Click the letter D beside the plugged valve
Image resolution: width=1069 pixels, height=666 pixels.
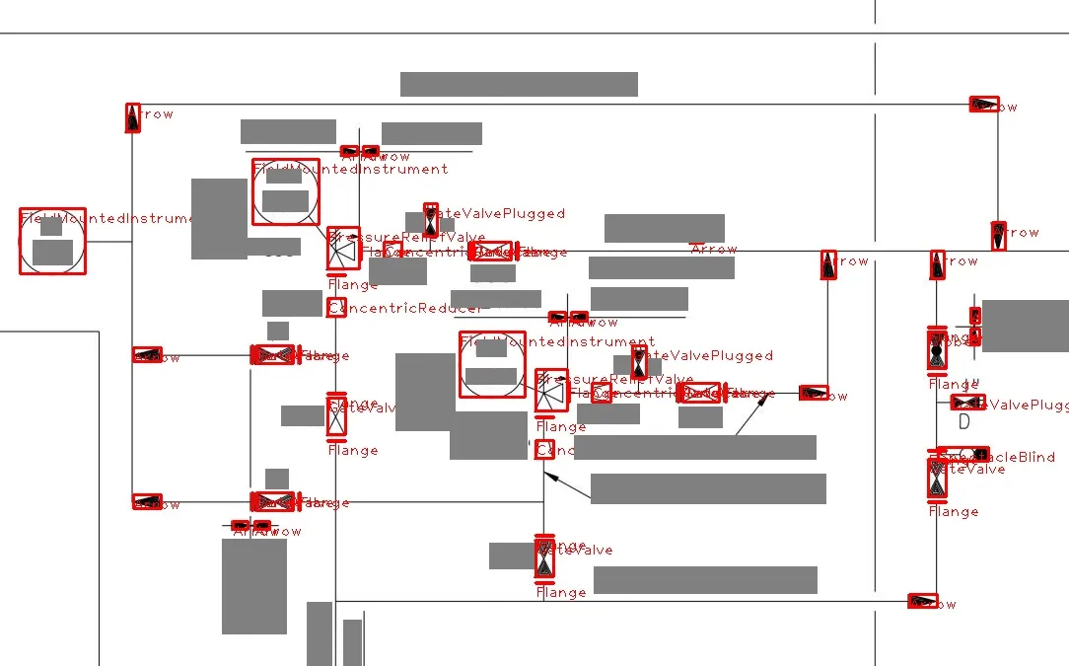pyautogui.click(x=964, y=421)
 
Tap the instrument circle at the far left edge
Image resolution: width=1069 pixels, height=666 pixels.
pyautogui.click(x=52, y=241)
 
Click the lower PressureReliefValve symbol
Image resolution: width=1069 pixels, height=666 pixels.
pyautogui.click(x=550, y=392)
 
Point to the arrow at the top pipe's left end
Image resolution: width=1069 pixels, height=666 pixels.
pyautogui.click(x=133, y=116)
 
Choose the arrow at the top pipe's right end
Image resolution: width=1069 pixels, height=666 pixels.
pyautogui.click(x=984, y=105)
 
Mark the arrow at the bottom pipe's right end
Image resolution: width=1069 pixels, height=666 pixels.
pyautogui.click(x=922, y=601)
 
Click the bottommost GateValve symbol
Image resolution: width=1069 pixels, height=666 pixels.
pyautogui.click(x=544, y=559)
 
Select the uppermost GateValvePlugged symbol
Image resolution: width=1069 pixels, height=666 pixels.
pyautogui.click(x=430, y=219)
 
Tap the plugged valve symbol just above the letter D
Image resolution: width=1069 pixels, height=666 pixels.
pyautogui.click(x=966, y=403)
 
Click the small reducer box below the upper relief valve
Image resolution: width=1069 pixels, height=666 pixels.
pyautogui.click(x=336, y=308)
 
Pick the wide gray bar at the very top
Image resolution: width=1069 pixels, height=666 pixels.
pyautogui.click(x=519, y=85)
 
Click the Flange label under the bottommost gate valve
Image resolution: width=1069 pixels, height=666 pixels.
pyautogui.click(x=561, y=593)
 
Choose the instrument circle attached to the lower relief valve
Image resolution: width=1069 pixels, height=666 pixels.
pyautogui.click(x=492, y=364)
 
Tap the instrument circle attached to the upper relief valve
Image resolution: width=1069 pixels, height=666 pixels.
pyautogui.click(x=286, y=191)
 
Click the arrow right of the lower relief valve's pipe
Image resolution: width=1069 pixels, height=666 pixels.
pyautogui.click(x=814, y=393)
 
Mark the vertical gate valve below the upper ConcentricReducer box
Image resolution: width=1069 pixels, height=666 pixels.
pyautogui.click(x=336, y=415)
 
